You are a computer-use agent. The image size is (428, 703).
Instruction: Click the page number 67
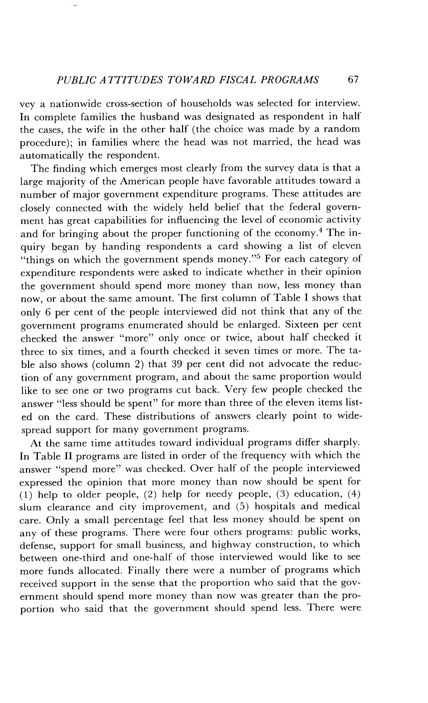point(353,80)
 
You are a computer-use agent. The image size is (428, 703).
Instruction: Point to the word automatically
point(51,155)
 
